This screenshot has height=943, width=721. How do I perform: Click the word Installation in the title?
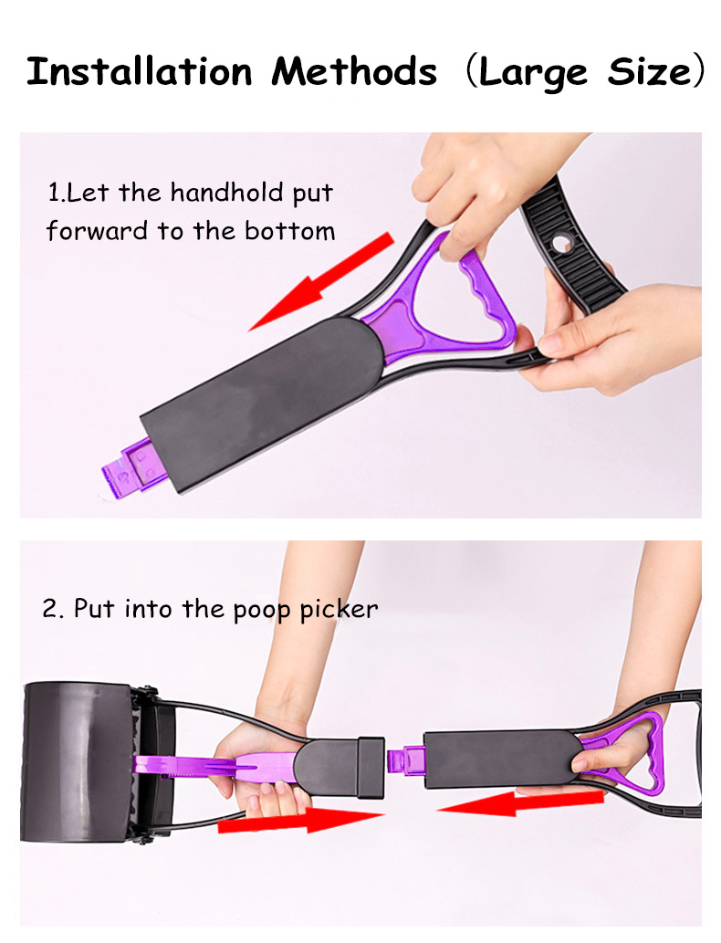[x=139, y=70]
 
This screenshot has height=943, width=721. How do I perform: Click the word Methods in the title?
[x=353, y=70]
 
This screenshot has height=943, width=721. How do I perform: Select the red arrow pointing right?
[x=301, y=819]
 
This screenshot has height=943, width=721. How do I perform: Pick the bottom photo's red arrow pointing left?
[x=520, y=803]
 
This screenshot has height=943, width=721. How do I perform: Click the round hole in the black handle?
[x=563, y=244]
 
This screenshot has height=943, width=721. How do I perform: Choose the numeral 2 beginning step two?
[x=49, y=609]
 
